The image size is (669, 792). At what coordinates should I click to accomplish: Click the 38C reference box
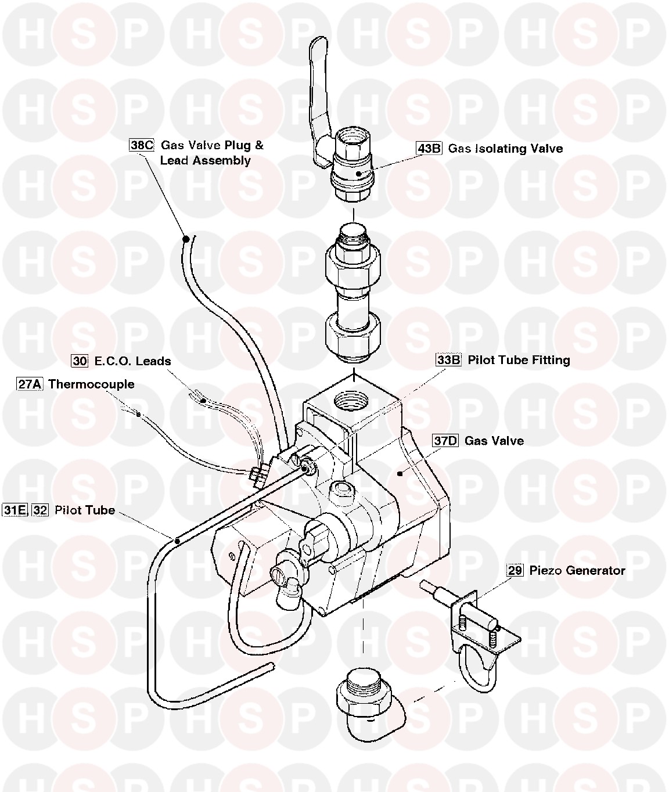(141, 145)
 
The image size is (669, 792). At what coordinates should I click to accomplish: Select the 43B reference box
(429, 148)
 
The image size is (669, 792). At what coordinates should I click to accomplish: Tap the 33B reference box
(448, 360)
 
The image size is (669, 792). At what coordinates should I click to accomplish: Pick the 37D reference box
(445, 441)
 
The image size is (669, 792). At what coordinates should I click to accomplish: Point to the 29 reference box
(515, 570)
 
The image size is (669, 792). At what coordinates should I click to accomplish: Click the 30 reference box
(80, 361)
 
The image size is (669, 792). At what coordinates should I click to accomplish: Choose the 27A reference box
(29, 384)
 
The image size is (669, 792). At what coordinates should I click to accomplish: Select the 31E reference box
(15, 510)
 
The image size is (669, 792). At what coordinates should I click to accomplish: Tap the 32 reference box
(40, 510)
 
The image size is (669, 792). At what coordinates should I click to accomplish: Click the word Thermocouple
(91, 384)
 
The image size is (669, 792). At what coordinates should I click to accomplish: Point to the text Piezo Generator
(577, 570)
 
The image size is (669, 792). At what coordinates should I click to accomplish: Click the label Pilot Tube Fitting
(519, 360)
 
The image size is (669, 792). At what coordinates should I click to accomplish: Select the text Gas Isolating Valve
(505, 148)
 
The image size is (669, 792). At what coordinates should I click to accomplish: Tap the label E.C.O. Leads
(132, 361)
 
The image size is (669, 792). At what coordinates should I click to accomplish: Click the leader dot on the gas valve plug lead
(185, 238)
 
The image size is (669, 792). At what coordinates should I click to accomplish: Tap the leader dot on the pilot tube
(177, 540)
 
